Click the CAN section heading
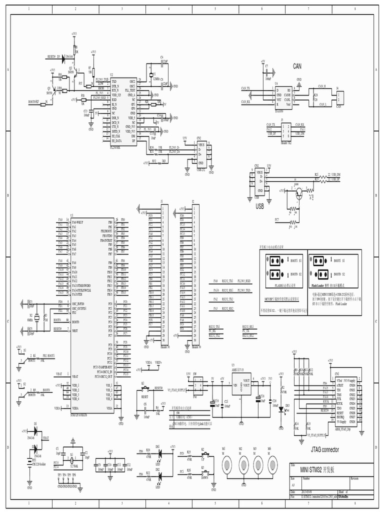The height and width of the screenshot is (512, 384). click(x=298, y=66)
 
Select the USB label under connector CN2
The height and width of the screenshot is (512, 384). click(x=259, y=205)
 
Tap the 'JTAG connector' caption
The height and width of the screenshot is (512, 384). click(x=324, y=449)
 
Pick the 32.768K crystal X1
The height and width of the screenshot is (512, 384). click(x=71, y=459)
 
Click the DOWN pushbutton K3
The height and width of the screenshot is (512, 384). click(x=204, y=471)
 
